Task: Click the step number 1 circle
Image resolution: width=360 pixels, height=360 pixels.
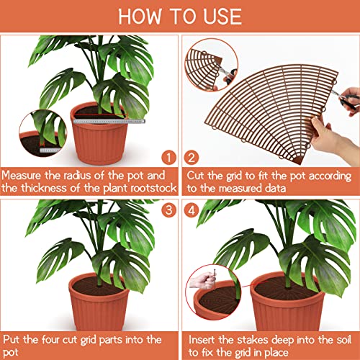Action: pos(168,156)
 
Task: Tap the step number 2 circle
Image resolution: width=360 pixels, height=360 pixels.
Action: pos(192,156)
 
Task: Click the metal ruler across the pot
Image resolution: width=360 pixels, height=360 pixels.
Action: pos(100,122)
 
